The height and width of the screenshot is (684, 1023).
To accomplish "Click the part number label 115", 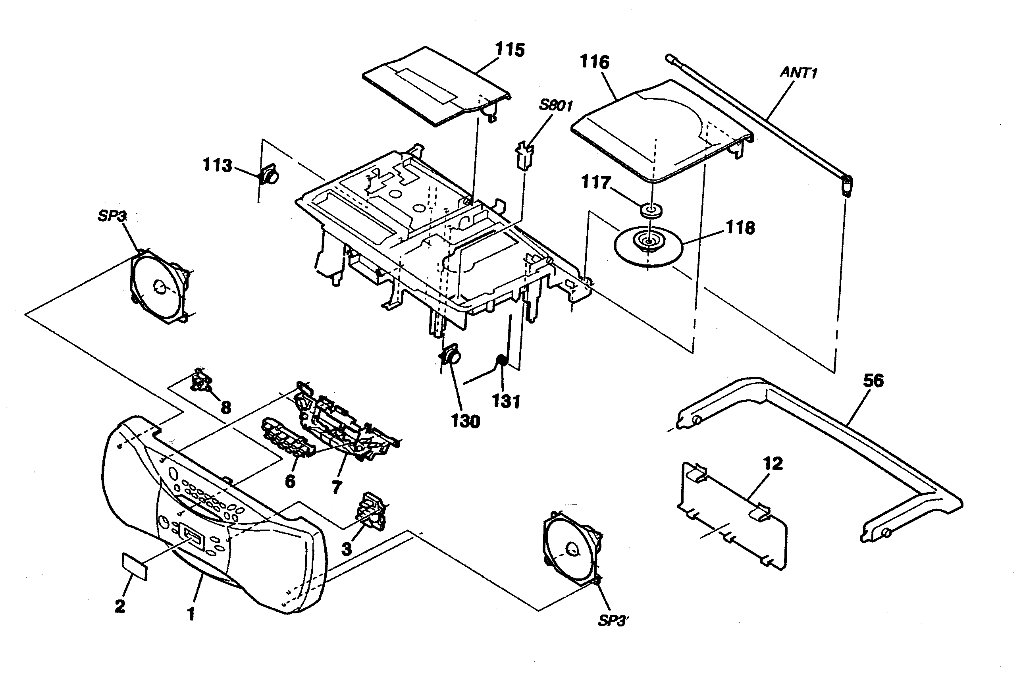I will (x=510, y=50).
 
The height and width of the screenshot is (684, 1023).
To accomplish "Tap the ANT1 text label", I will (x=798, y=72).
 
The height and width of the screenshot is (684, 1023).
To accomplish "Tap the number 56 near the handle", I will (x=873, y=380).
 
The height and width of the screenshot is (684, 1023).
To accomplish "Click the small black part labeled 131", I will (x=501, y=360).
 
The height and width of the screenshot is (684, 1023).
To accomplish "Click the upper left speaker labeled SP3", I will (x=159, y=286).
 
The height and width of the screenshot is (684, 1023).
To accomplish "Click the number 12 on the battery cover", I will (x=773, y=464).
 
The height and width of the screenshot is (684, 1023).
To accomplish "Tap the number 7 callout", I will (x=336, y=487).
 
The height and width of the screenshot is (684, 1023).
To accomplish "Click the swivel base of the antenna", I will (x=846, y=185).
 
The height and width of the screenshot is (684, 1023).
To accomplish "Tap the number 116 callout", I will (x=594, y=62).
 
